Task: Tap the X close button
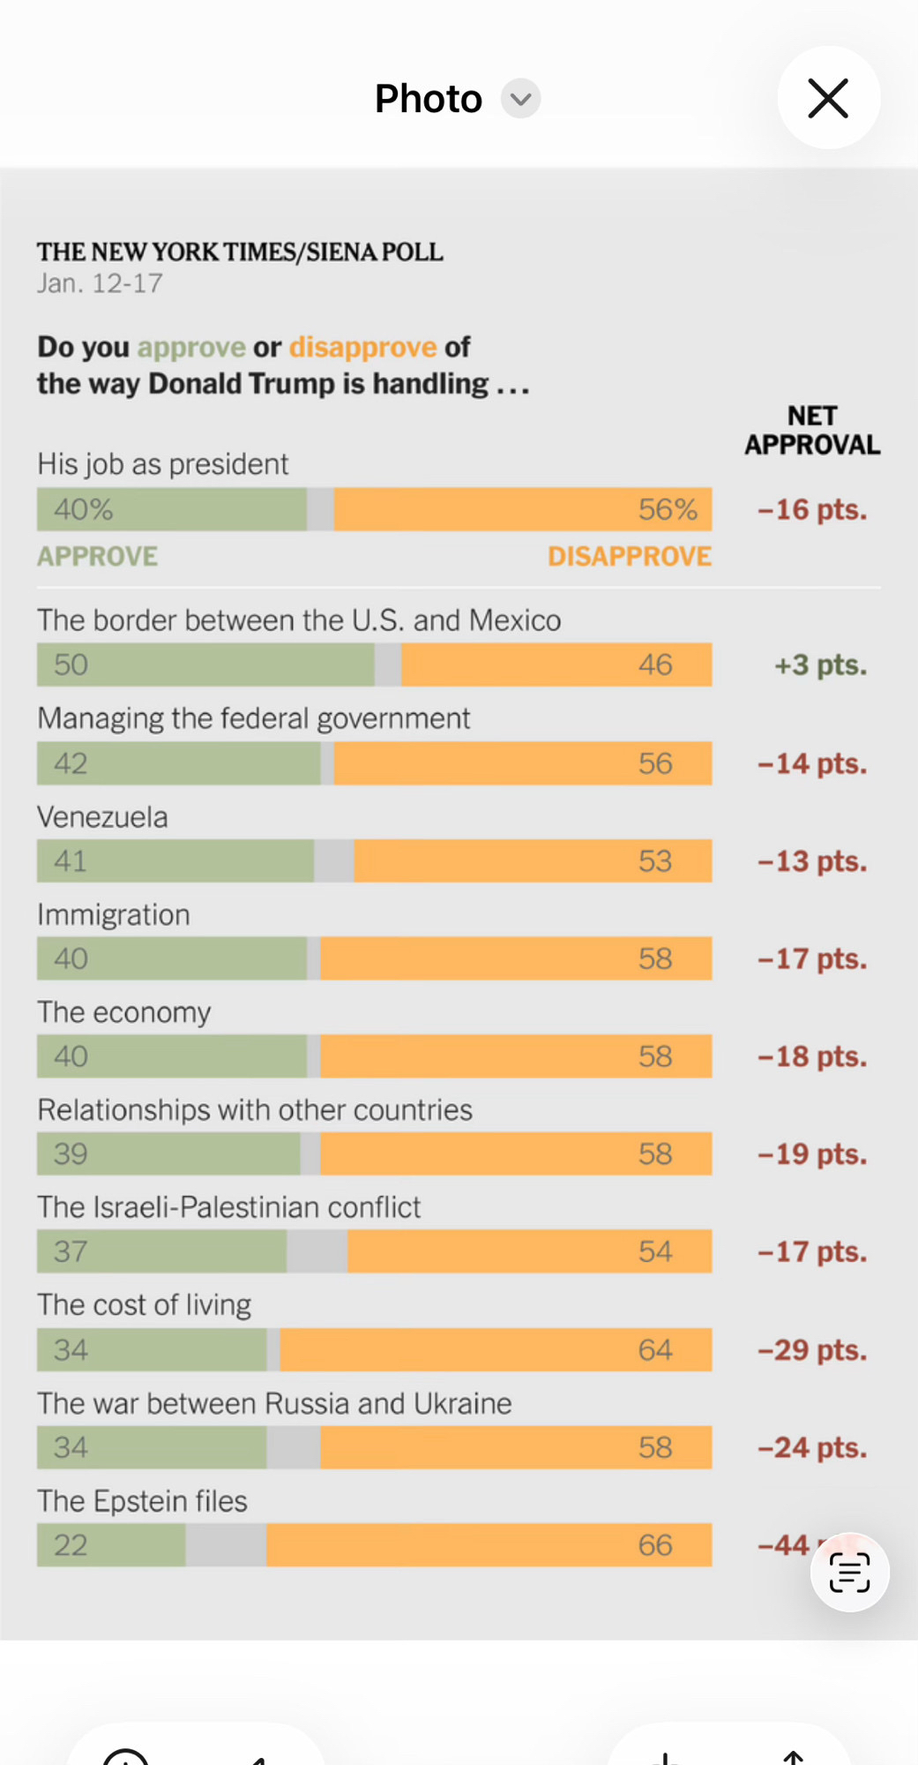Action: [828, 98]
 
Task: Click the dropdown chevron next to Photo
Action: [521, 98]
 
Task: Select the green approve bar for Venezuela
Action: [175, 860]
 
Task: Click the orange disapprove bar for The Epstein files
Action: [489, 1544]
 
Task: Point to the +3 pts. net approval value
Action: [820, 665]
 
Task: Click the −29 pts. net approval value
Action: [812, 1349]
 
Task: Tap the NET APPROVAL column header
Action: [812, 430]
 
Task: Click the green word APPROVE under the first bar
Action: [97, 556]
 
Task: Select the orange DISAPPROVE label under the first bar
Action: [629, 556]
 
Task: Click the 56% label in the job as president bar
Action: [668, 509]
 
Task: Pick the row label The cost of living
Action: [144, 1304]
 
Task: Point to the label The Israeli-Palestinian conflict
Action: [228, 1206]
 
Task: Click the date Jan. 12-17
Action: [100, 283]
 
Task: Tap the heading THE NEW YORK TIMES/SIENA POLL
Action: [240, 252]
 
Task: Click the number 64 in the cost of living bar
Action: [655, 1349]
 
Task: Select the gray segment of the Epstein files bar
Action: [226, 1544]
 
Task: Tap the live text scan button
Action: [849, 1572]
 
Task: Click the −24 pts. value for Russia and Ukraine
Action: [812, 1447]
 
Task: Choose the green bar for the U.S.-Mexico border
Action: [205, 665]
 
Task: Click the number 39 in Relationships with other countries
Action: [71, 1153]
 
